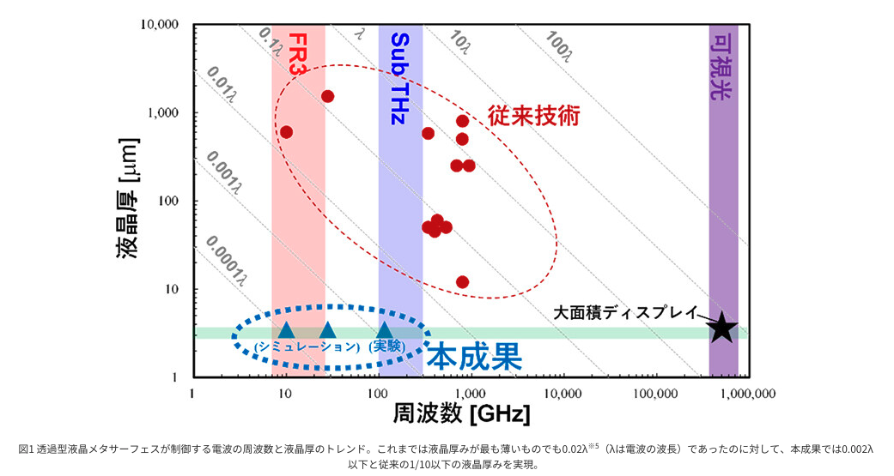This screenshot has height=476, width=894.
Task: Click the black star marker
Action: [722, 327]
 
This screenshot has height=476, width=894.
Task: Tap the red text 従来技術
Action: [533, 116]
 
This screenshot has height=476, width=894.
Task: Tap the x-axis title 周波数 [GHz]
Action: [461, 413]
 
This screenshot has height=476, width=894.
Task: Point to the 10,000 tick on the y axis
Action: [160, 25]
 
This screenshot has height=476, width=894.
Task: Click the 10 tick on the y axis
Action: [170, 289]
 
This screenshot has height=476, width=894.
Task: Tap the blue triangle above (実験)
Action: [385, 330]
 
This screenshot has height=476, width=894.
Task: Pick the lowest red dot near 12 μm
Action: [463, 281]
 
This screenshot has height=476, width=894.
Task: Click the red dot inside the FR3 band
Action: [287, 132]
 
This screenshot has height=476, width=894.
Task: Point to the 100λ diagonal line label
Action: [558, 48]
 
